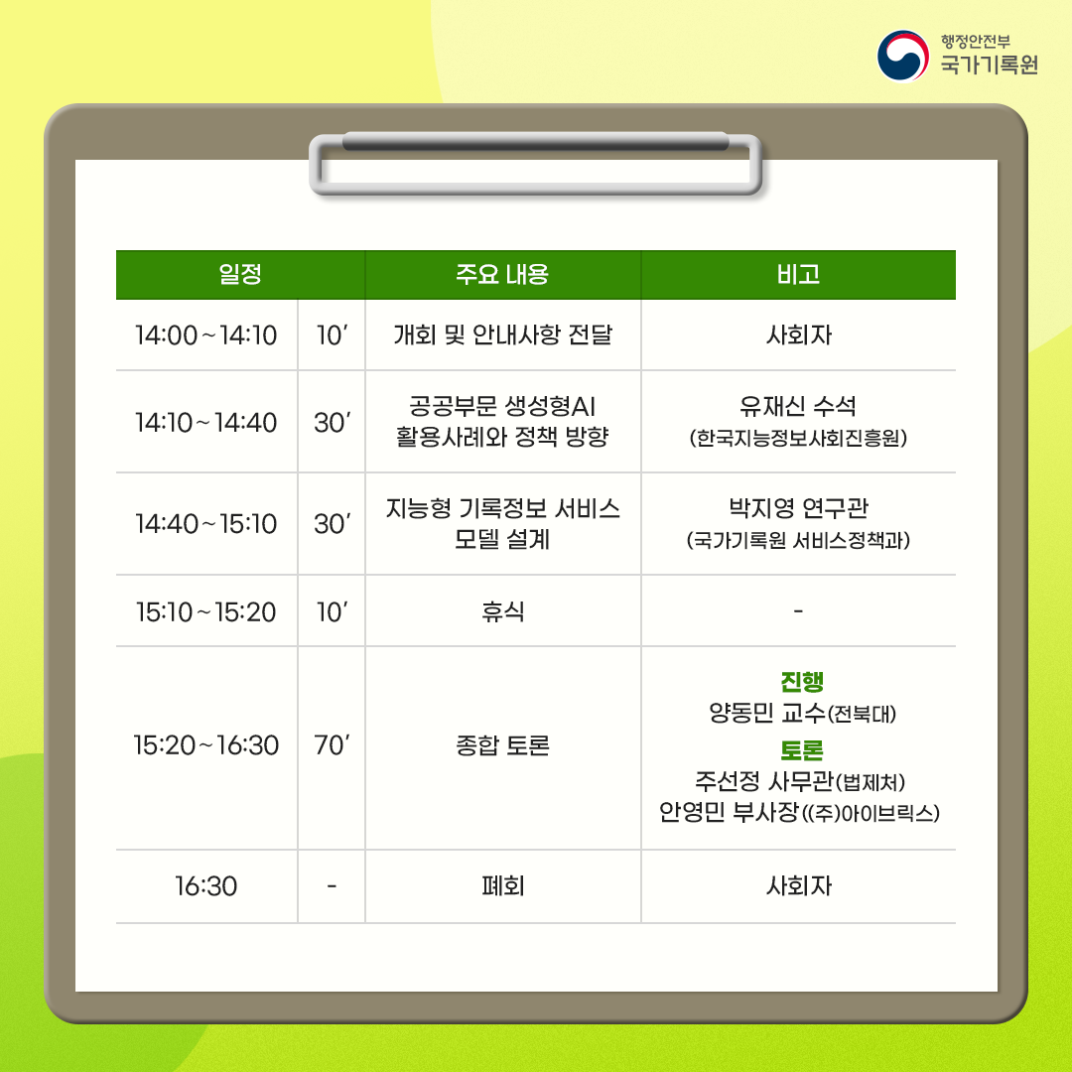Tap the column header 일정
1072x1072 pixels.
(x=240, y=275)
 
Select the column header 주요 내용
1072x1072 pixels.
(x=502, y=275)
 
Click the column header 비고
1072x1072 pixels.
(x=798, y=275)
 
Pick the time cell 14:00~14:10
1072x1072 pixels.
(x=206, y=335)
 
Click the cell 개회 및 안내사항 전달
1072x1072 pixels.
(x=502, y=335)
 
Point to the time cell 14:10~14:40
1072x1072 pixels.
(x=206, y=422)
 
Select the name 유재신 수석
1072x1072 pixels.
(x=798, y=406)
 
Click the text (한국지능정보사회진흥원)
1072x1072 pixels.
(x=798, y=438)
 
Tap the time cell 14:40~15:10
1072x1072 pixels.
(x=206, y=523)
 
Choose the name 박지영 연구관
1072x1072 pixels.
(x=798, y=509)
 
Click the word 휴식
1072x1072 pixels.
(x=502, y=610)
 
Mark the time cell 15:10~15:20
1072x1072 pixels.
(x=206, y=610)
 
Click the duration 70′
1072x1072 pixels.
(x=331, y=745)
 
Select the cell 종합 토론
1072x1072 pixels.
(x=502, y=745)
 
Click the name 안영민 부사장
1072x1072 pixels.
(x=729, y=813)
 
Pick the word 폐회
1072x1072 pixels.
(x=502, y=885)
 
